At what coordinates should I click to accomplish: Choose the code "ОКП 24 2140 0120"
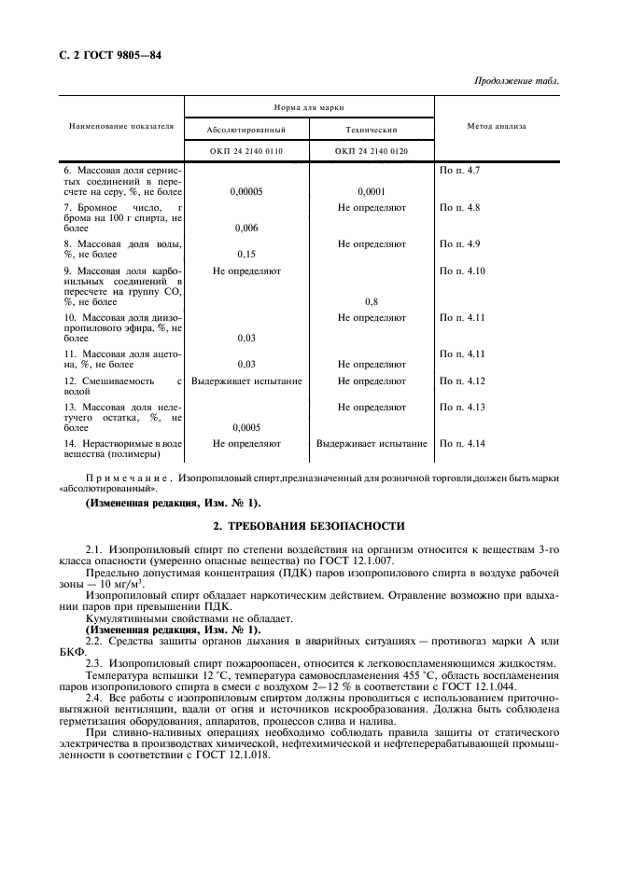click(372, 150)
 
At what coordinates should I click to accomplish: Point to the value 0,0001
click(372, 191)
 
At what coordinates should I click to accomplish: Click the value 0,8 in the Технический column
click(372, 302)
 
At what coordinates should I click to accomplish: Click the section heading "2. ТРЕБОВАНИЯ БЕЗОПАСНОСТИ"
click(309, 526)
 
